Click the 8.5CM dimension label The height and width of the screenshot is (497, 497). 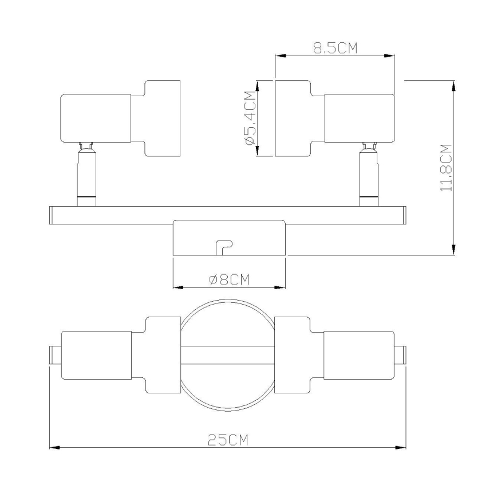tap(336, 48)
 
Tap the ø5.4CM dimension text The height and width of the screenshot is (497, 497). tap(250, 118)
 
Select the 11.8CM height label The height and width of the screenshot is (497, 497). tap(446, 168)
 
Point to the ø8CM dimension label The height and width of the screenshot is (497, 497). tap(229, 279)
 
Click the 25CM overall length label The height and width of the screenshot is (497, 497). tap(228, 440)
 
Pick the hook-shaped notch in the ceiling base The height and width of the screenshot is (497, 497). tap(224, 247)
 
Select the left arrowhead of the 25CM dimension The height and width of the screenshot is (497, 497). tap(55, 448)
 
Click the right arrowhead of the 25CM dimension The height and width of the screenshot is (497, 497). tap(401, 448)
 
